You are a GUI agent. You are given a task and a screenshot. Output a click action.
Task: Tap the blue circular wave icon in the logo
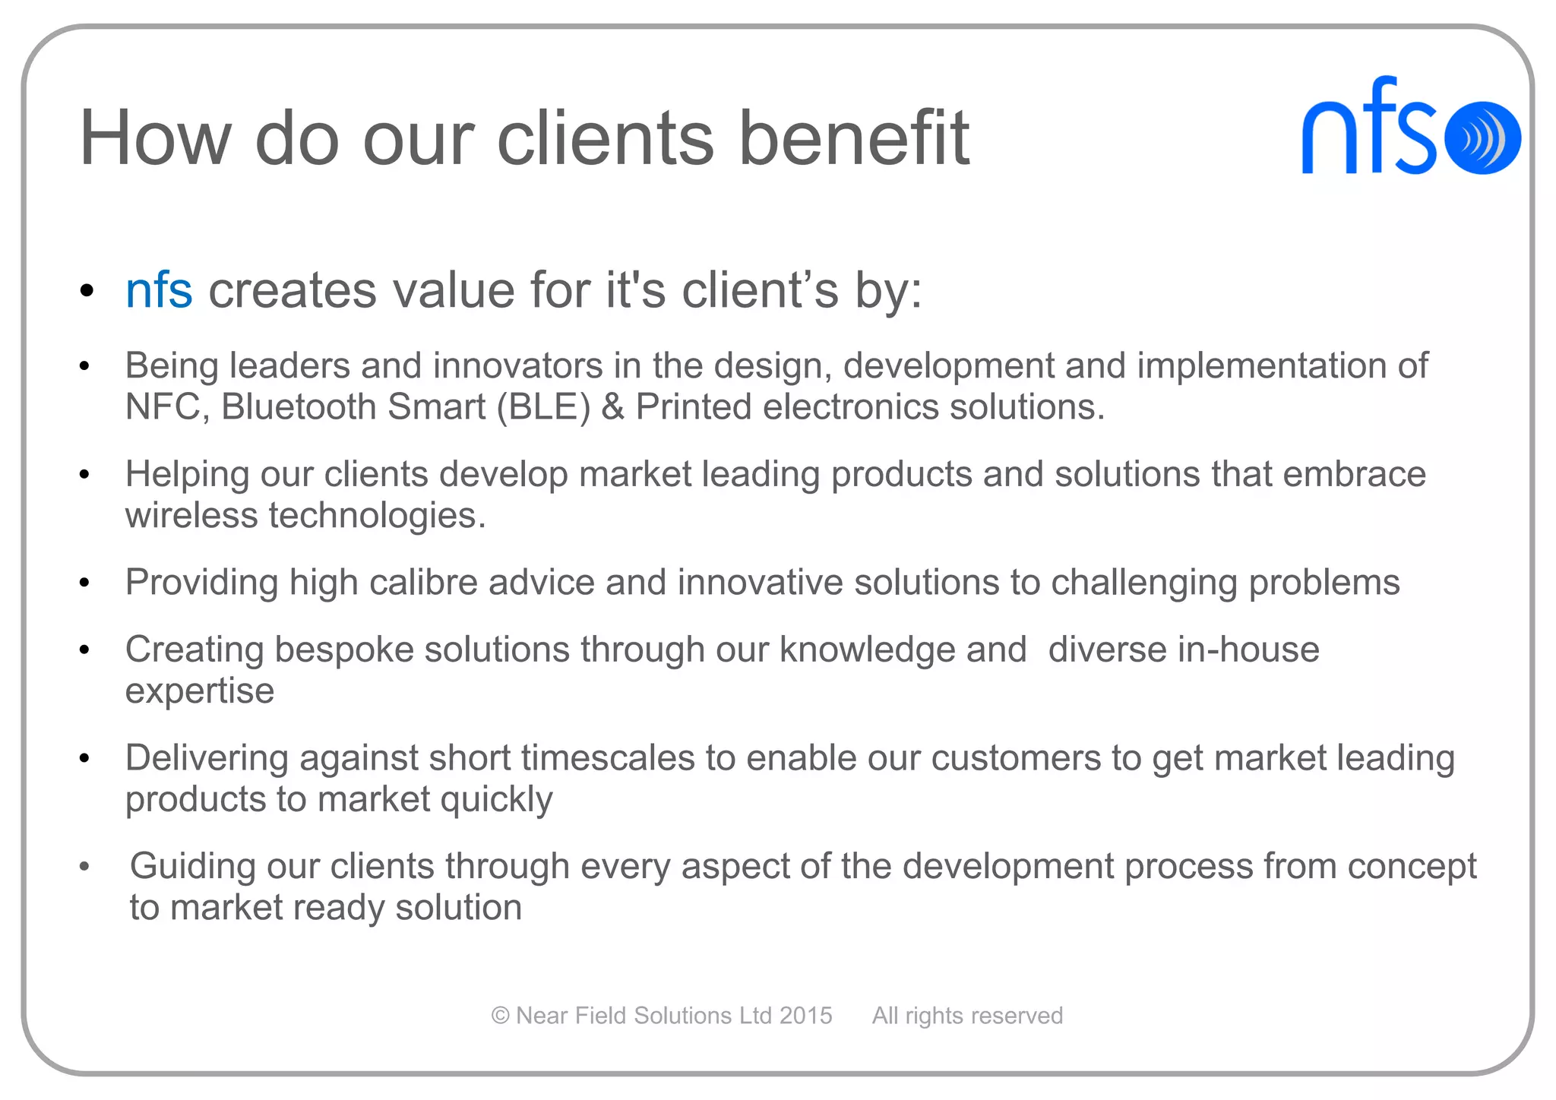pos(1482,138)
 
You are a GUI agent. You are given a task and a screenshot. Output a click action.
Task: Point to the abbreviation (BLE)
pos(543,407)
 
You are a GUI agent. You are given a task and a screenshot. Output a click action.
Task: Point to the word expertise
pos(200,691)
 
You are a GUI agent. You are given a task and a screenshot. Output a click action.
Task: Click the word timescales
pos(607,758)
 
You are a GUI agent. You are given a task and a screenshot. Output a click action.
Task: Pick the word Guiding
pos(193,867)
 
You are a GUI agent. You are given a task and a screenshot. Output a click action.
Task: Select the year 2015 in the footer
pos(805,1016)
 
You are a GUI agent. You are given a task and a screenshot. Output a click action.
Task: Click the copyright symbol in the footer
pos(500,1016)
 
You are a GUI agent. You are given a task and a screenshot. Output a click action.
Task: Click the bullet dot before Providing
pos(84,583)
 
